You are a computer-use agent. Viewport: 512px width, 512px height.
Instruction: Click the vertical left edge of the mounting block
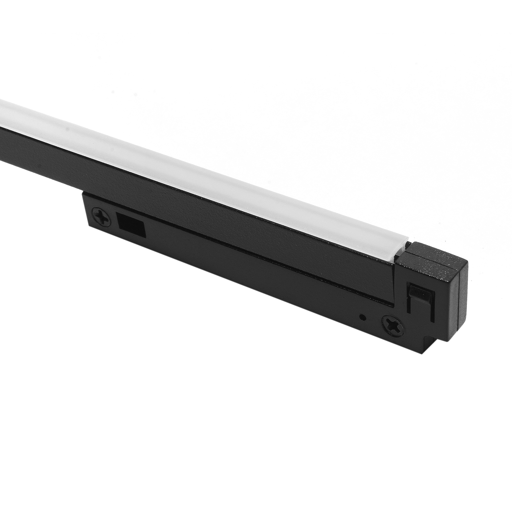point(84,208)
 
